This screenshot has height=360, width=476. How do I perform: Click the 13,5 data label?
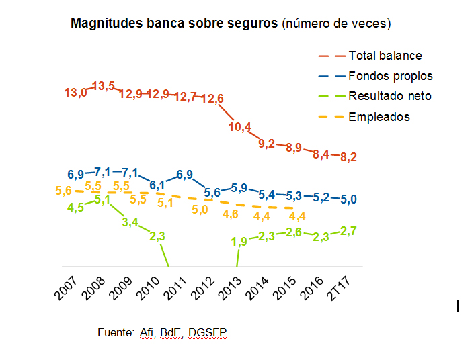pos(104,86)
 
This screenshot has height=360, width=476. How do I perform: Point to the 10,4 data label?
pos(240,126)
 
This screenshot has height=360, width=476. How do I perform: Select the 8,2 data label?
pos(348,157)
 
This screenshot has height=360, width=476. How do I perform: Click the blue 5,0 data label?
pos(348,199)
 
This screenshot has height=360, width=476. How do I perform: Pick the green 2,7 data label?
pos(348,232)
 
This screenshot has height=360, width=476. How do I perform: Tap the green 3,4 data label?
pos(130,222)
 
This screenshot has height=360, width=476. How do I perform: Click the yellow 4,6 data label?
pos(231,215)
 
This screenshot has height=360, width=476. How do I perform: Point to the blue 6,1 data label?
pos(158,185)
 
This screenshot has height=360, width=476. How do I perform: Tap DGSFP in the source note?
pos(209,332)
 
